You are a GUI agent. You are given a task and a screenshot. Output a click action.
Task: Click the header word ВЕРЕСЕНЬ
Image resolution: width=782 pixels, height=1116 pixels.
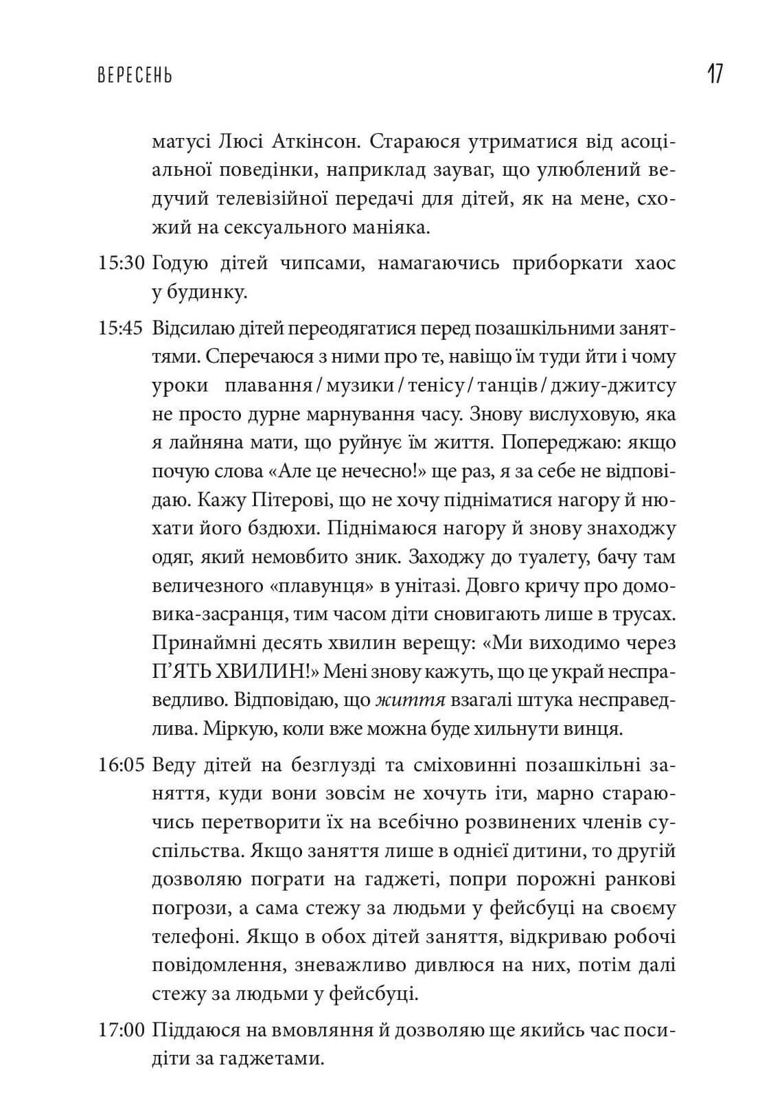135,76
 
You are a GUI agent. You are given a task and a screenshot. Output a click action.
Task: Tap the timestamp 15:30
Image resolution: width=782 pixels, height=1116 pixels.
120,264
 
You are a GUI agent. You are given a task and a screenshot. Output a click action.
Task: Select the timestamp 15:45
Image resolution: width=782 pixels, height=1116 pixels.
120,328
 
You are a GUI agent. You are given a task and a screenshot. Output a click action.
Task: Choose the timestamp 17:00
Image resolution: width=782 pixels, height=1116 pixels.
120,1029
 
